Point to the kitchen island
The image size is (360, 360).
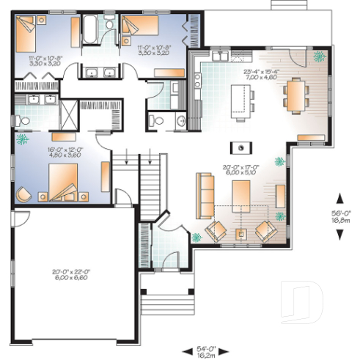[240, 98]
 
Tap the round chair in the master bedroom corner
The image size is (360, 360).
[23, 194]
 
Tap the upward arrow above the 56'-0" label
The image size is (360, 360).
[340, 196]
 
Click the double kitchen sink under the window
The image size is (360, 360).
[221, 55]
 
